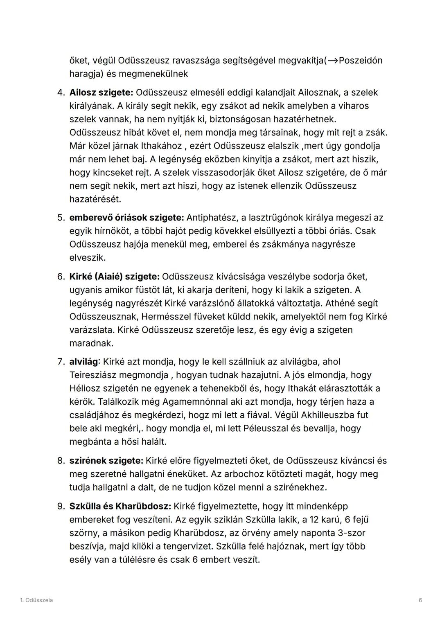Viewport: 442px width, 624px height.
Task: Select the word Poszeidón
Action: tap(361, 61)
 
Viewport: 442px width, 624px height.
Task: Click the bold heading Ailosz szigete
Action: tap(101, 92)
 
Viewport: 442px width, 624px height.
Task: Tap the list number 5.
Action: tap(61, 218)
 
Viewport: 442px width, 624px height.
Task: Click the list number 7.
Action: tap(61, 362)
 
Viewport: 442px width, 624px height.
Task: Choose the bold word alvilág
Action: tap(84, 362)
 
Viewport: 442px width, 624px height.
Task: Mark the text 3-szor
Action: tap(350, 533)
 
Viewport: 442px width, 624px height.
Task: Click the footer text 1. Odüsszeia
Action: tap(36, 600)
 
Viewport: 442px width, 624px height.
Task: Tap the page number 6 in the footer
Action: tap(420, 600)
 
